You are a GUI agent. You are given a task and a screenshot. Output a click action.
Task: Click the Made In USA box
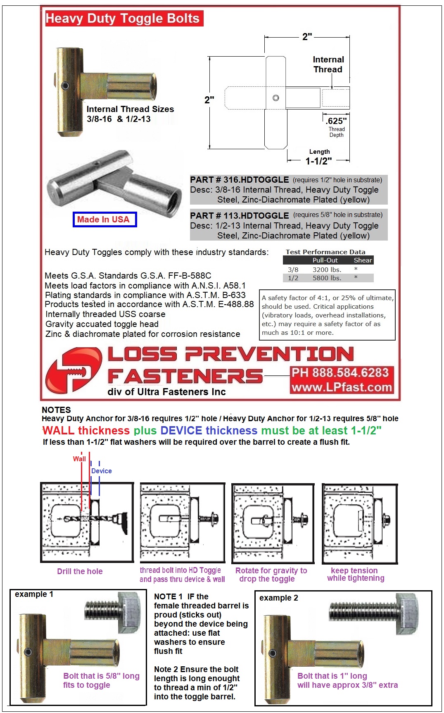point(104,219)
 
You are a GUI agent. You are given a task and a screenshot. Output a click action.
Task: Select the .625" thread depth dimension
point(336,121)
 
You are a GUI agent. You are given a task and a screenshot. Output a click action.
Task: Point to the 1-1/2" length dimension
point(318,161)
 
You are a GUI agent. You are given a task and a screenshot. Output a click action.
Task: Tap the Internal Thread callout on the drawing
point(328,64)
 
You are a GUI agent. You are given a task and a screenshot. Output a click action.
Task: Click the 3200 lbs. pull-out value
point(327,269)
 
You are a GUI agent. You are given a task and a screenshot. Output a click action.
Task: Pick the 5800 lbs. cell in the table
point(327,278)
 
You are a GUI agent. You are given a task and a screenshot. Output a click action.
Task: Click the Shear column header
point(363,260)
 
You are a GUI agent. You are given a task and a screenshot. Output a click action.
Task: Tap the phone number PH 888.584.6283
point(340,373)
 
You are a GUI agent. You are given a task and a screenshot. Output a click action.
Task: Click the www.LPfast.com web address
point(342,387)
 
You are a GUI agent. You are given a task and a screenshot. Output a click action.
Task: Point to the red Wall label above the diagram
point(79,459)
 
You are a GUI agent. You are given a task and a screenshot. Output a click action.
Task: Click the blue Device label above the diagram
point(102,471)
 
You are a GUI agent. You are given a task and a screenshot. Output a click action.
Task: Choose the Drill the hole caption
point(80,571)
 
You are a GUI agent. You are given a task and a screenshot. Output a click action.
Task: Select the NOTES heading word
point(56,410)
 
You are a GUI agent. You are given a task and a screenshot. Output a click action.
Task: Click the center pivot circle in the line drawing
point(276,98)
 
